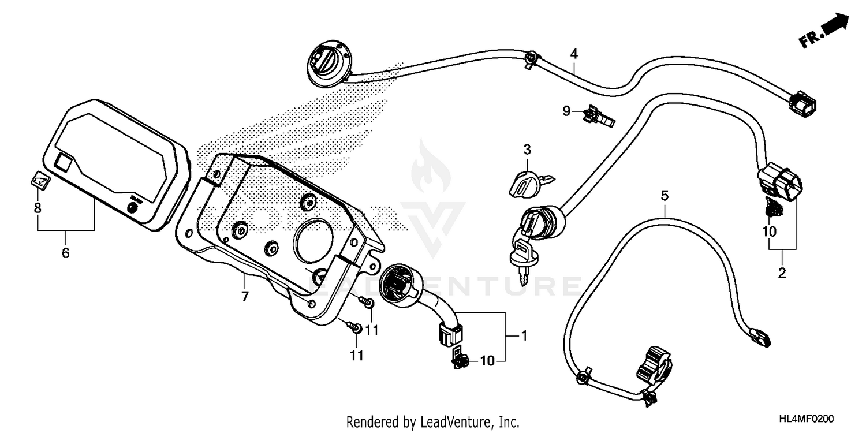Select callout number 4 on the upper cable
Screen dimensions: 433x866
click(574, 54)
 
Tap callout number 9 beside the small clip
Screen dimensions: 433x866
click(567, 110)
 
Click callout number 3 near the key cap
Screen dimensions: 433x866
click(527, 150)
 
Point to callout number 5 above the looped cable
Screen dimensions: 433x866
click(665, 196)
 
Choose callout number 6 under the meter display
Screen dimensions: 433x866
click(65, 252)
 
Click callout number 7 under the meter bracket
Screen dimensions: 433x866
click(244, 297)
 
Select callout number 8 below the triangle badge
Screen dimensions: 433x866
click(38, 208)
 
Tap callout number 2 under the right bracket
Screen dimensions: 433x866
click(782, 273)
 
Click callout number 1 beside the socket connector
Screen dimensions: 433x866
click(524, 335)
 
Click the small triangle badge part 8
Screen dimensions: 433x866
click(39, 181)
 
